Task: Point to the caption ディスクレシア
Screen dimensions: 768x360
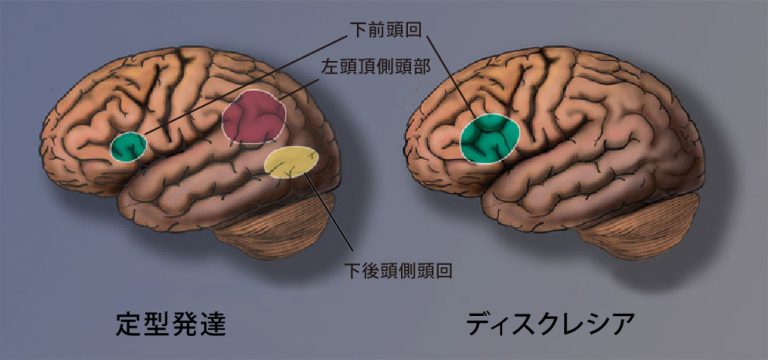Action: pos(550,324)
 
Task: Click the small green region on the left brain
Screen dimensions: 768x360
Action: pos(128,147)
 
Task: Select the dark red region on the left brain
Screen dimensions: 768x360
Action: pos(255,119)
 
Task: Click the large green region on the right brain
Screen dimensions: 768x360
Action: pos(490,138)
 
